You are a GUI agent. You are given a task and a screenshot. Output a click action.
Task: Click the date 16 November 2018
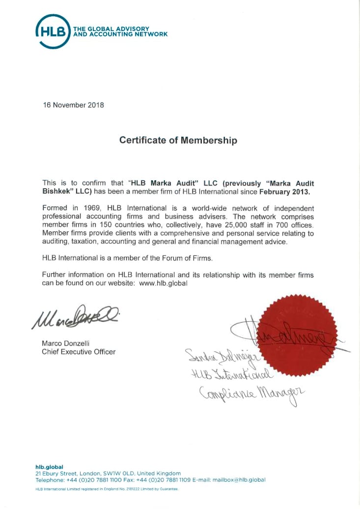point(73,105)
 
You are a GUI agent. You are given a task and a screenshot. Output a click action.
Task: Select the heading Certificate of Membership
point(178,141)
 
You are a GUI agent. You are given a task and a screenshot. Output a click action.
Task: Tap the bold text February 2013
point(285,191)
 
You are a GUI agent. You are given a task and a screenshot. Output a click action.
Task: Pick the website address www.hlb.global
point(164,283)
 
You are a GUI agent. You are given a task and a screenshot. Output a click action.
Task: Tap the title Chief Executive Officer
point(79,352)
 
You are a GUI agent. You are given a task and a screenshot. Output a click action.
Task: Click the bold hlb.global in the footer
point(49,467)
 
